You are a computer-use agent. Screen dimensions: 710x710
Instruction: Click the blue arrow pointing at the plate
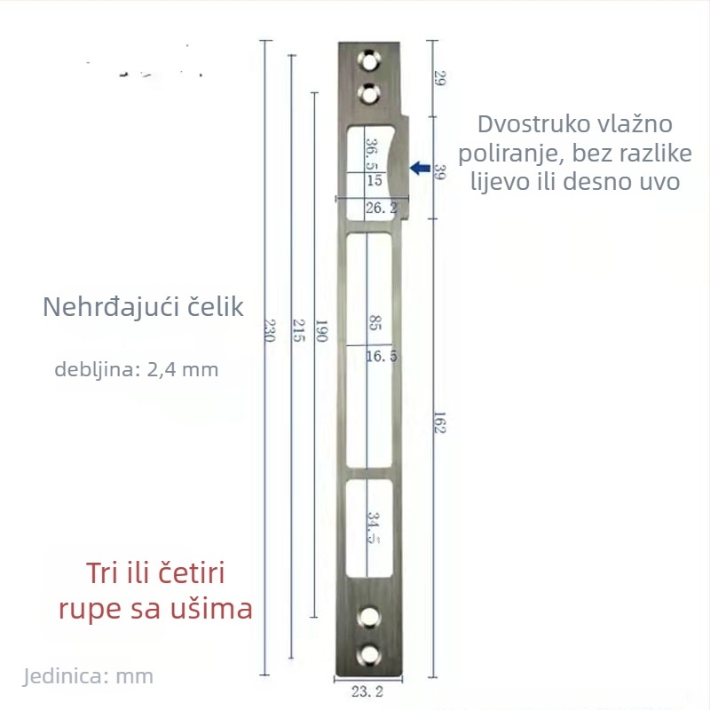click(x=420, y=168)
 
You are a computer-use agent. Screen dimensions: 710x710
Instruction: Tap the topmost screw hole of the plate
click(x=369, y=61)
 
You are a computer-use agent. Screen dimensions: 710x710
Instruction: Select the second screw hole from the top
click(x=369, y=94)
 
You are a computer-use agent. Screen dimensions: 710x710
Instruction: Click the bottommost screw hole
click(x=369, y=655)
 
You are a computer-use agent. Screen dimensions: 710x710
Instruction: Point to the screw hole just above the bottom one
click(x=369, y=617)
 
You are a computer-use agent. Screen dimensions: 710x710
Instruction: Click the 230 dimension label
click(x=270, y=330)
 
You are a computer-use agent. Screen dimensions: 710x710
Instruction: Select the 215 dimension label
click(x=299, y=330)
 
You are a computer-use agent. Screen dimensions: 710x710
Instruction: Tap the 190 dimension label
click(x=321, y=330)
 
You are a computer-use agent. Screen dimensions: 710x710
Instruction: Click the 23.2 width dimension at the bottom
click(x=367, y=691)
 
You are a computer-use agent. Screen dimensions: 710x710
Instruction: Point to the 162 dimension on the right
click(x=439, y=422)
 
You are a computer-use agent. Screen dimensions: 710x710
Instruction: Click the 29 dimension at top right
click(x=439, y=78)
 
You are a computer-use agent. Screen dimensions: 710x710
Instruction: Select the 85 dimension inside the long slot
click(x=375, y=323)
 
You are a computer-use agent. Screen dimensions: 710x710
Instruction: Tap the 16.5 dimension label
click(x=382, y=357)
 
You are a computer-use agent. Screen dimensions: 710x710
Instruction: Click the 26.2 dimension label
click(x=382, y=208)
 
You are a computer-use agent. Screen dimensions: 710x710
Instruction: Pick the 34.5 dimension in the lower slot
click(x=373, y=527)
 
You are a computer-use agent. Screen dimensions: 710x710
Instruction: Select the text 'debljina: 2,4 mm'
click(x=137, y=369)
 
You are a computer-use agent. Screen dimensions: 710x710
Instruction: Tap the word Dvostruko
click(x=530, y=124)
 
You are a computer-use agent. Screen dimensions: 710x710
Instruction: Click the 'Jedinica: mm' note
click(x=88, y=676)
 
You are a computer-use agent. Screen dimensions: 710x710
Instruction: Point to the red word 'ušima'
click(x=211, y=609)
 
